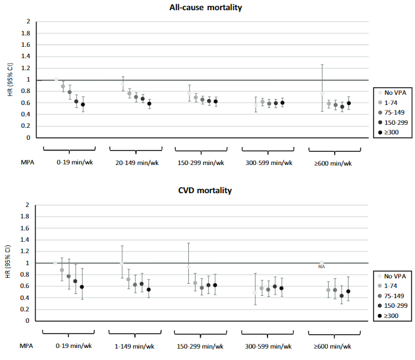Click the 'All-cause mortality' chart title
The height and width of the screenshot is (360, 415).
pyautogui.click(x=206, y=7)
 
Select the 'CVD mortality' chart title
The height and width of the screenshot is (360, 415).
pyautogui.click(x=205, y=190)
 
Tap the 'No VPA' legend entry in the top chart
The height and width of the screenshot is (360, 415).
pyautogui.click(x=392, y=92)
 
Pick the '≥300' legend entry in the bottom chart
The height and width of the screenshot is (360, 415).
pyautogui.click(x=388, y=316)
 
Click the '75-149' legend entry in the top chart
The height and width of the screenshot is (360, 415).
pyautogui.click(x=392, y=113)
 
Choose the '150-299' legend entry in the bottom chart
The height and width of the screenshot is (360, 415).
pyautogui.click(x=393, y=306)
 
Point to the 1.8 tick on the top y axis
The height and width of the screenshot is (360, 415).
pyautogui.click(x=26, y=33)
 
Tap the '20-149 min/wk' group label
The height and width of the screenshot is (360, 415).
pyautogui.click(x=137, y=163)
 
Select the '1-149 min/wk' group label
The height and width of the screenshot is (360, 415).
pyautogui.click(x=134, y=346)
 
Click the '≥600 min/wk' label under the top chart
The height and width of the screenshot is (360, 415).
pyautogui.click(x=333, y=163)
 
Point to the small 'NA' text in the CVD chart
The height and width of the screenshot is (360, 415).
pyautogui.click(x=321, y=267)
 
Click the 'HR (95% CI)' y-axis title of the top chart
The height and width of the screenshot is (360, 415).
pyautogui.click(x=10, y=79)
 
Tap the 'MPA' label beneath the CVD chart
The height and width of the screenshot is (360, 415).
pyautogui.click(x=26, y=346)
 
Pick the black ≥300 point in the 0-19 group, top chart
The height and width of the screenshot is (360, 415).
pyautogui.click(x=83, y=104)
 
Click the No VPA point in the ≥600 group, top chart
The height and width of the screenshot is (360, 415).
pyautogui.click(x=322, y=94)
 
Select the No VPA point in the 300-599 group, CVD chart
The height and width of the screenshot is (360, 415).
pyautogui.click(x=255, y=293)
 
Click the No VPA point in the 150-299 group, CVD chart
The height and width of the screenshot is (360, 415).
pyautogui.click(x=188, y=267)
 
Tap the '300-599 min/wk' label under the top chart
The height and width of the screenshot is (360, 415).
pyautogui.click(x=269, y=163)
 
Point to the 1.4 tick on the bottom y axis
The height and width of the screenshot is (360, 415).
pyautogui.click(x=25, y=239)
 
